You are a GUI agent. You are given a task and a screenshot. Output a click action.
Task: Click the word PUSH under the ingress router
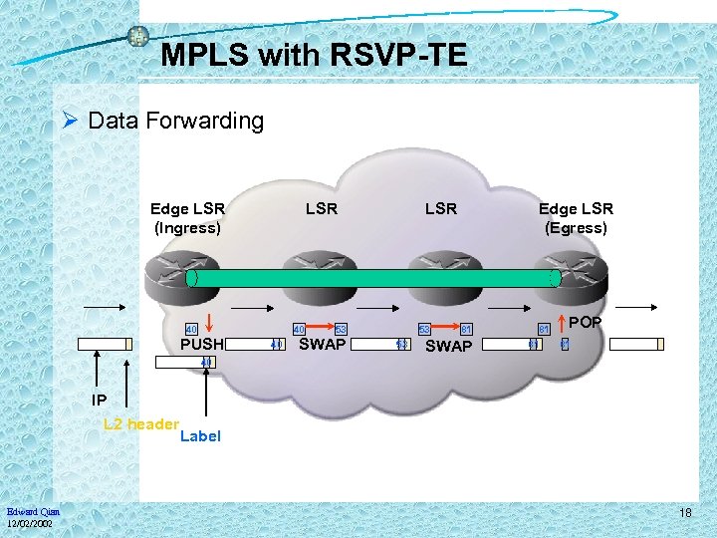pyautogui.click(x=201, y=345)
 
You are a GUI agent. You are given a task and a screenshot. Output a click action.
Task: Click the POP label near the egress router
pyautogui.click(x=586, y=323)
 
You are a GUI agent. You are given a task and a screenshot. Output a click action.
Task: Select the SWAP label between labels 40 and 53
pyautogui.click(x=322, y=345)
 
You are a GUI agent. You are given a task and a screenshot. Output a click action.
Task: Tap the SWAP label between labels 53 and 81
pyautogui.click(x=448, y=347)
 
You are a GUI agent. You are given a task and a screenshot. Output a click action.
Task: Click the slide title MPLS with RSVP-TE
pyautogui.click(x=313, y=55)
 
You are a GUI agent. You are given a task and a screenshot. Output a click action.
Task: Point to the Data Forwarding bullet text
pyautogui.click(x=175, y=122)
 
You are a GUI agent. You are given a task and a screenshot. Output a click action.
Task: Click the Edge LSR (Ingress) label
pyautogui.click(x=187, y=218)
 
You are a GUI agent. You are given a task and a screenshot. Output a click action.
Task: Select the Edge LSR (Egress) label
pyautogui.click(x=576, y=218)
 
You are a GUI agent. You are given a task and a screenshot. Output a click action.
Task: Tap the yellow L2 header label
pyautogui.click(x=140, y=423)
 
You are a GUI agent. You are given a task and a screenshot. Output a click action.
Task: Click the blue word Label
pyautogui.click(x=200, y=436)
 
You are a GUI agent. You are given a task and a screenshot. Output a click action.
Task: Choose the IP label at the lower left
pyautogui.click(x=99, y=401)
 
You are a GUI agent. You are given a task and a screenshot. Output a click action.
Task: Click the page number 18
pyautogui.click(x=685, y=512)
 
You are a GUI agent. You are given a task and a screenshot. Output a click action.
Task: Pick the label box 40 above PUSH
pyautogui.click(x=191, y=329)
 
